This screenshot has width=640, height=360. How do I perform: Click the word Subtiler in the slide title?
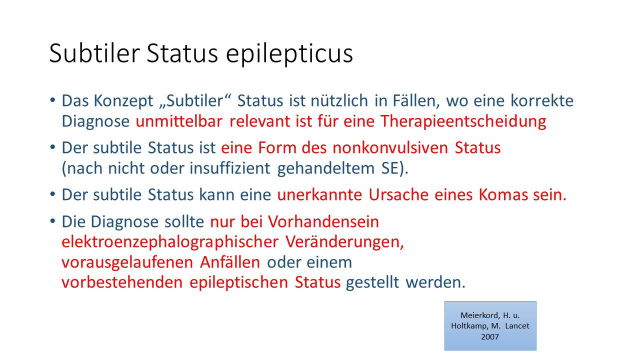pos(94,53)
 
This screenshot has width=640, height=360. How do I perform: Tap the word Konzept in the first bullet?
pos(123,101)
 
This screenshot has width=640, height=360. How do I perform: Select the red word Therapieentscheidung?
pos(463,121)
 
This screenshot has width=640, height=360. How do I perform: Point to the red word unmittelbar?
pos(179,121)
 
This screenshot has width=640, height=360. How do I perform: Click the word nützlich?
pos(339,100)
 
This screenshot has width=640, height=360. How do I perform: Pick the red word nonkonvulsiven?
pos(390,148)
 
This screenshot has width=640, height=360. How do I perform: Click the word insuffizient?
pos(230,168)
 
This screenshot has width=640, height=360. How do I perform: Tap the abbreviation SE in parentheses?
pos(390,168)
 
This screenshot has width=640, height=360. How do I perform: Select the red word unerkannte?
pos(319,195)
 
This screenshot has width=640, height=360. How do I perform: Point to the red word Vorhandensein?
pos(323,221)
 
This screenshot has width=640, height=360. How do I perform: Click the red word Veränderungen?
pos(344,242)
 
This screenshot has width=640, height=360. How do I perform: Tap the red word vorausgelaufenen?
pos(127,263)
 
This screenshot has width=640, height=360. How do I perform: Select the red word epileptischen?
pos(239,283)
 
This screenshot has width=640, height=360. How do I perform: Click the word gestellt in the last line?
pos(372,283)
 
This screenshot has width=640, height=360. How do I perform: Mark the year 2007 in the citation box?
pos(490,337)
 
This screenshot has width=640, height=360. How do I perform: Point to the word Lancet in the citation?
pos(517,326)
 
